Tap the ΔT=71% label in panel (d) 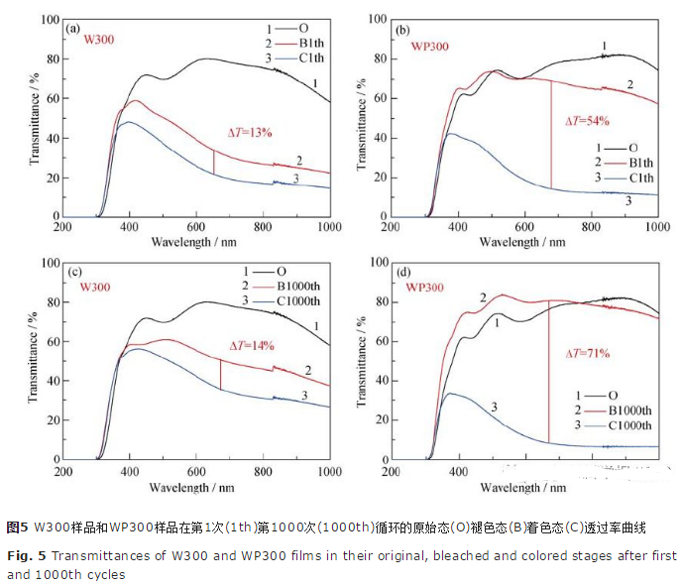click(x=587, y=352)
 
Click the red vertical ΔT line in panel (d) click(x=548, y=372)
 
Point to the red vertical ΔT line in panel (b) click(x=551, y=134)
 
